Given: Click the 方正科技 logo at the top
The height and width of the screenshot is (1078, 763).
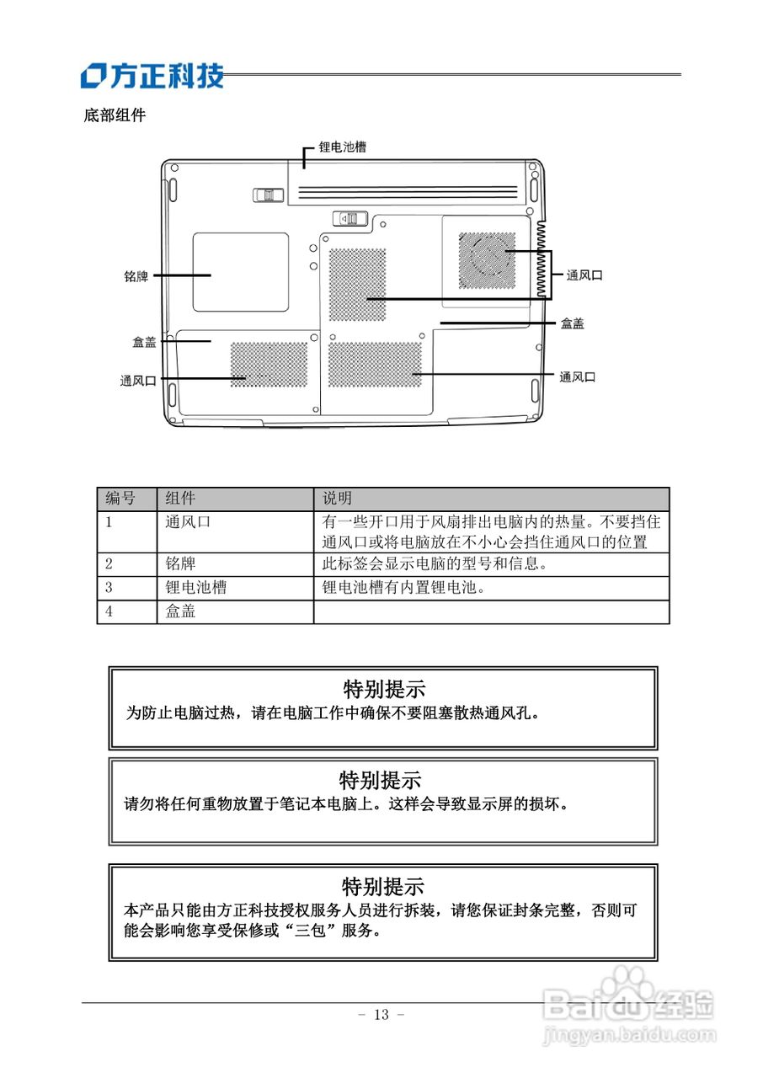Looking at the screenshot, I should pyautogui.click(x=152, y=76).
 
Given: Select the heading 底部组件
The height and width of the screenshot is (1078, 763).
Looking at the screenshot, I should pyautogui.click(x=115, y=115).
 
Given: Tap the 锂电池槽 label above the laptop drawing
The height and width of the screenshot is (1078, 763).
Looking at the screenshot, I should pyautogui.click(x=342, y=147).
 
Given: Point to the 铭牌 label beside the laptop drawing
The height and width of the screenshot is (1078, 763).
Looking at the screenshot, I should pyautogui.click(x=136, y=275).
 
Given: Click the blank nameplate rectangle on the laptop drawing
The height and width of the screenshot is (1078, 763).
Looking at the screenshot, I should pyautogui.click(x=240, y=272).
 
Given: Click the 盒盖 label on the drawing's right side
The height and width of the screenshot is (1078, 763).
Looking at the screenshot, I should pyautogui.click(x=573, y=323).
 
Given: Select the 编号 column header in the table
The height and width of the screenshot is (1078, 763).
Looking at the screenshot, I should pyautogui.click(x=120, y=499).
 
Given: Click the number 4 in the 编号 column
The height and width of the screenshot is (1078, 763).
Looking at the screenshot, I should pyautogui.click(x=109, y=611).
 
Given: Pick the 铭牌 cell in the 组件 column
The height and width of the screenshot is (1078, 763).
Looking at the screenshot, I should pyautogui.click(x=180, y=563).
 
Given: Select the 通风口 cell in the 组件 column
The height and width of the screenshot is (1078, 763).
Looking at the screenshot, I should pyautogui.click(x=188, y=522).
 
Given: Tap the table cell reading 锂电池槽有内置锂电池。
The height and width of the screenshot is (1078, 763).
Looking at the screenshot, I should pyautogui.click(x=403, y=588).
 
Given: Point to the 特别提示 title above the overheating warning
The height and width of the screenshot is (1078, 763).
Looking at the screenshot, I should pyautogui.click(x=384, y=690).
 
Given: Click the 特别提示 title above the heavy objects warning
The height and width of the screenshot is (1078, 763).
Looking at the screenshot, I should pyautogui.click(x=380, y=780).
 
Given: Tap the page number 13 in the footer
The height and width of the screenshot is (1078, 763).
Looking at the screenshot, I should pyautogui.click(x=381, y=1015).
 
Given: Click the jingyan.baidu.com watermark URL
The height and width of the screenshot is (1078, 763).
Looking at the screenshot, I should pyautogui.click(x=631, y=1033).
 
